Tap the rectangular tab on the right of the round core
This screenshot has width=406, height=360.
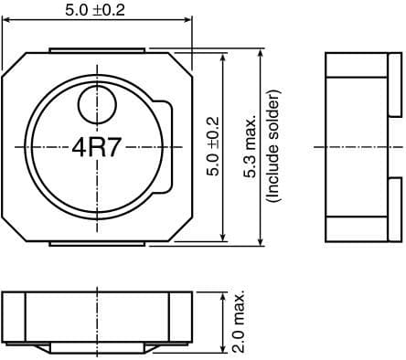[166, 146]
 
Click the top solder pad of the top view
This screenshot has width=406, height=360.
[97, 48]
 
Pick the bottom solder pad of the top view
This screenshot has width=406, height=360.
[97, 242]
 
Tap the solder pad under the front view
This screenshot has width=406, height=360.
[97, 350]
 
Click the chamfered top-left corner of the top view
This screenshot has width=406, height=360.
[13, 62]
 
